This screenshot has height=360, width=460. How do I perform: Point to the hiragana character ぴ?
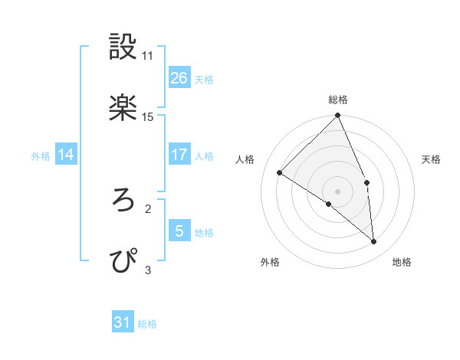pos(124,260)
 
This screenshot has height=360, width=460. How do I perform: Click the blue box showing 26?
pos(179,77)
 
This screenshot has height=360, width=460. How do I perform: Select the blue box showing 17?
pos(179,155)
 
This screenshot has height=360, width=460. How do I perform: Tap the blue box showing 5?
pos(179,231)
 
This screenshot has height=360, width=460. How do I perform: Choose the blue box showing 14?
pos(66,155)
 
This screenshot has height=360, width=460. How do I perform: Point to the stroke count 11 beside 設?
pos(148,56)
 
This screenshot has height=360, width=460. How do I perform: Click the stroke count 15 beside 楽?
pos(148,117)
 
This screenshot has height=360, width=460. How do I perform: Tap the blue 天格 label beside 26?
pos(204,79)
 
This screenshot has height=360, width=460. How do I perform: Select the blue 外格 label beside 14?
pos(41,156)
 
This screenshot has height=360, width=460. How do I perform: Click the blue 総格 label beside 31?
pos(147,324)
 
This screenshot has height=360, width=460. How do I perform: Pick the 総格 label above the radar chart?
pos(338,100)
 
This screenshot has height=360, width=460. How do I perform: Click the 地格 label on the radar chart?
pos(402,262)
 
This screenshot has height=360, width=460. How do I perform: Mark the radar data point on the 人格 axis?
pos(280,172)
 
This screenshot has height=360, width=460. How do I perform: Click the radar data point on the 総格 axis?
pos(338,116)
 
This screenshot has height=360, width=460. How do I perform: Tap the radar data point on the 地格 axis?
pos(374,241)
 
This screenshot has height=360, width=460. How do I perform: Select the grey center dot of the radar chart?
pos(338,191)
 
